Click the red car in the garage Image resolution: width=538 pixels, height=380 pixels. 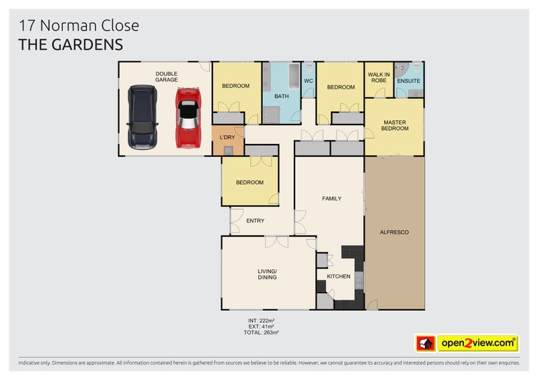tap(188, 118)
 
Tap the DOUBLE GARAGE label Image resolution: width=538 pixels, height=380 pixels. tap(166, 77)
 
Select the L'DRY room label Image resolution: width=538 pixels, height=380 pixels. tap(228, 137)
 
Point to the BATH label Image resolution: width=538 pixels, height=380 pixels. tap(281, 96)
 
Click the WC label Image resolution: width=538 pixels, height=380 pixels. tap(309, 81)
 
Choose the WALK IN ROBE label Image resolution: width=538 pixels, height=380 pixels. tap(379, 77)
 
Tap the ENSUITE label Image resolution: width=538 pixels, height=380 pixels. tap(408, 81)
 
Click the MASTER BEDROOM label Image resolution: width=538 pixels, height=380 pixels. tap(394, 125)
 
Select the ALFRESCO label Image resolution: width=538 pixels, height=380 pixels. tap(395, 232)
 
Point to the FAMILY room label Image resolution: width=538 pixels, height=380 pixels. tap(332, 198)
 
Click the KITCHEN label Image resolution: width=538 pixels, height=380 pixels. tap(338, 276)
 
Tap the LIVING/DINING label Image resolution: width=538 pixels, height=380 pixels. tap(267, 274)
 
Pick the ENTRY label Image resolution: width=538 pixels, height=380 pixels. tap(256, 221)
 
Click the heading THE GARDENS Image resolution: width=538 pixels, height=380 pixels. tap(71, 45)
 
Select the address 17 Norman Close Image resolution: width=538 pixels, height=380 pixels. tap(79, 26)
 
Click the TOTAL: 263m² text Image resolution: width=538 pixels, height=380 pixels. tap(262, 332)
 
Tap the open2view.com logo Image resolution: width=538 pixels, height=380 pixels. tap(478, 344)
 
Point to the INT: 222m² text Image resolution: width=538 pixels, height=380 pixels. tap(262, 320)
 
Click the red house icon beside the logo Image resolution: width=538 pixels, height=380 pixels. tap(425, 344)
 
